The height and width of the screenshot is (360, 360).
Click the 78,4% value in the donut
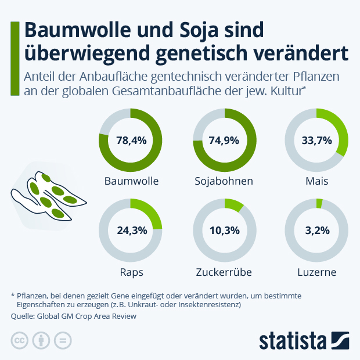pyautogui.click(x=131, y=140)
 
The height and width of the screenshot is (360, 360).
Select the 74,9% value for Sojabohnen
pyautogui.click(x=224, y=140)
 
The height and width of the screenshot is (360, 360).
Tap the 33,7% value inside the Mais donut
pyautogui.click(x=317, y=140)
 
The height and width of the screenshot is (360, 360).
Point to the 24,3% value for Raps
pyautogui.click(x=131, y=230)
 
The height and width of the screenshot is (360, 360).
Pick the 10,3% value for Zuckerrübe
pyautogui.click(x=224, y=230)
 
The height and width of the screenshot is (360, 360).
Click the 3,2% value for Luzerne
pyautogui.click(x=317, y=230)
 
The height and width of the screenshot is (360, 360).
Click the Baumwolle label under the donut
pyautogui.click(x=131, y=181)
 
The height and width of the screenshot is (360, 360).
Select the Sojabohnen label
pyautogui.click(x=224, y=181)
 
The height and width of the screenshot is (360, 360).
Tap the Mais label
pyautogui.click(x=317, y=181)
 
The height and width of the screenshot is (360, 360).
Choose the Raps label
pyautogui.click(x=131, y=271)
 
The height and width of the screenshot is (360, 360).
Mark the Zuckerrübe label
pyautogui.click(x=224, y=271)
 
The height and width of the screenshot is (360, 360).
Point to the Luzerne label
pyautogui.click(x=317, y=271)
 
